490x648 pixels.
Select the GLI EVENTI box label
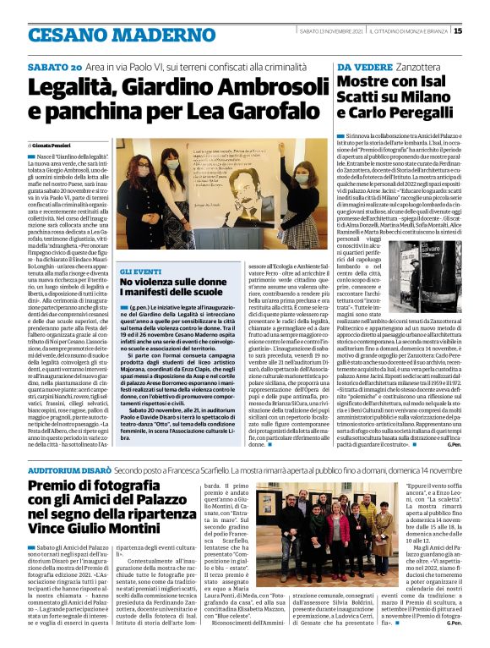[135, 270]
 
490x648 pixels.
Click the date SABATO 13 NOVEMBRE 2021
[331, 32]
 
